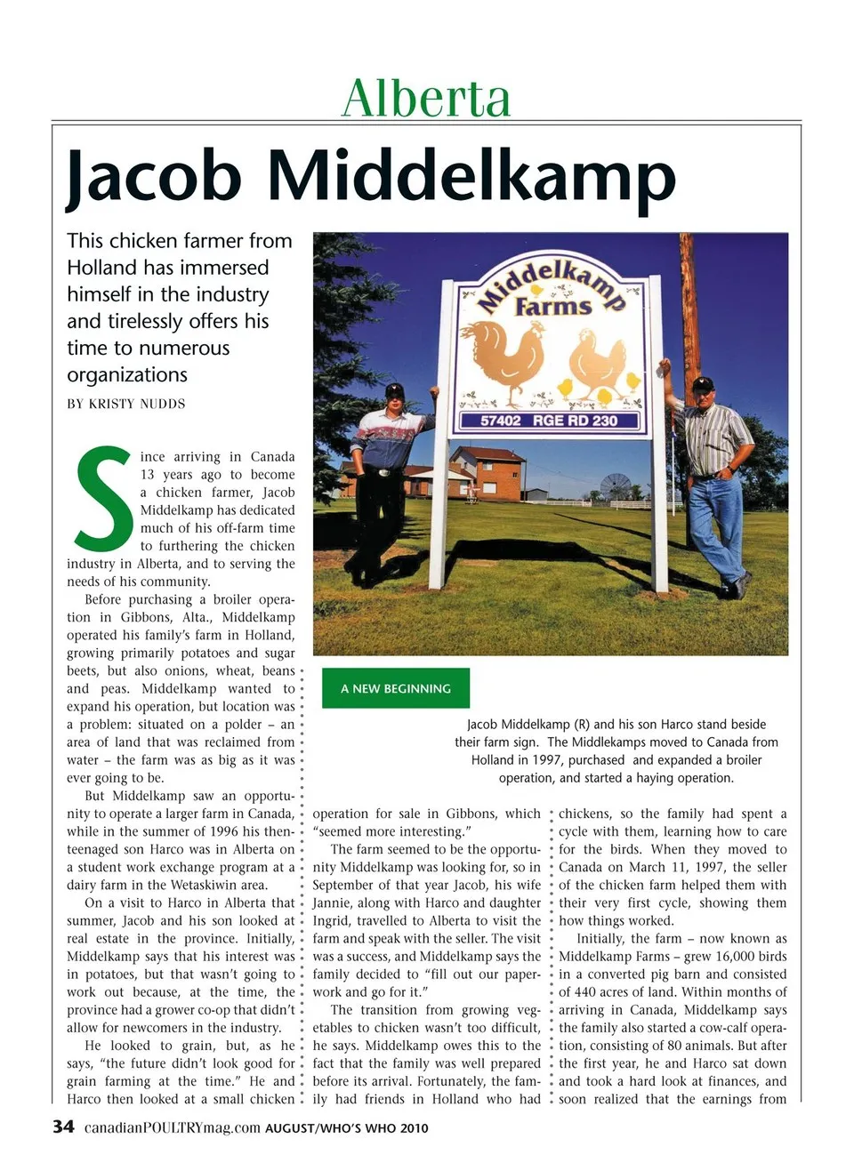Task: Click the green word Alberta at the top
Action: [426, 98]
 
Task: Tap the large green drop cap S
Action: [102, 499]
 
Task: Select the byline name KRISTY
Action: [122, 404]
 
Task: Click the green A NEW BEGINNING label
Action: [395, 688]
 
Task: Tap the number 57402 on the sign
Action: [500, 420]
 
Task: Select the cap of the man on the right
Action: [704, 383]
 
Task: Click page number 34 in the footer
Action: [63, 1127]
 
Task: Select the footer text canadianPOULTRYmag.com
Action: [172, 1127]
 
